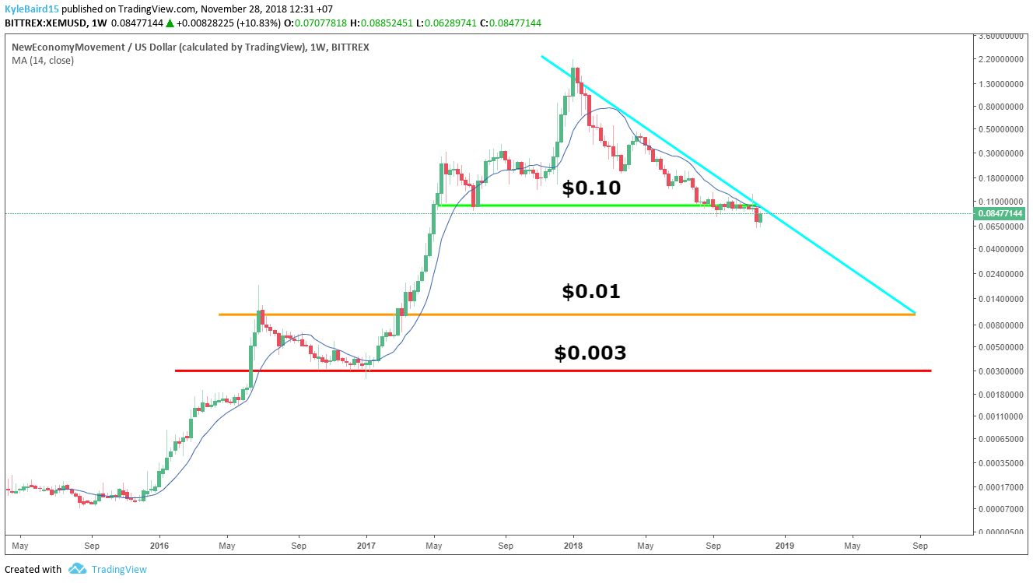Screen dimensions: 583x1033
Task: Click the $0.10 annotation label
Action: click(x=591, y=188)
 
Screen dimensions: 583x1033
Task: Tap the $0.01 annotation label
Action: click(x=591, y=292)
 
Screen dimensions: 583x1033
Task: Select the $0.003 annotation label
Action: click(x=590, y=353)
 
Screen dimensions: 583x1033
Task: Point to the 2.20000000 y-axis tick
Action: click(x=999, y=60)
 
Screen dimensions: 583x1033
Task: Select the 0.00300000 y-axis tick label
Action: click(x=999, y=372)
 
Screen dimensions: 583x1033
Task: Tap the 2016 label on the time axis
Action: click(x=159, y=546)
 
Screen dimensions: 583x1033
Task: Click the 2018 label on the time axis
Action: click(x=573, y=546)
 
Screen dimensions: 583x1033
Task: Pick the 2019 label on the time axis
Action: click(x=785, y=546)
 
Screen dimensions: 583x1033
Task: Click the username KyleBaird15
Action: click(x=32, y=9)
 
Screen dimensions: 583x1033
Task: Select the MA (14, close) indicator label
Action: click(x=43, y=61)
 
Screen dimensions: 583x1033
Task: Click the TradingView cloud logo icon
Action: click(x=76, y=569)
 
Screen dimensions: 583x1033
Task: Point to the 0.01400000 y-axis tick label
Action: click(x=999, y=299)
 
